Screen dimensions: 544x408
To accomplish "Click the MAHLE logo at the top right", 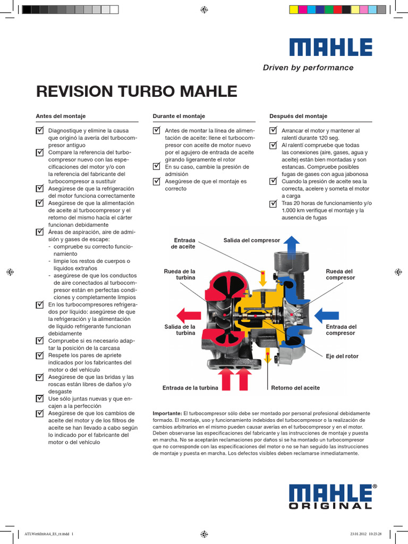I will [330, 47].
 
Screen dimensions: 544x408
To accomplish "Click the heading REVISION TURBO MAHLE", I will [136, 91].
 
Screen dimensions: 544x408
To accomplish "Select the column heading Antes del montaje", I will [61, 116].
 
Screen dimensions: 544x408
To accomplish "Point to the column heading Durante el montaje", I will [178, 116].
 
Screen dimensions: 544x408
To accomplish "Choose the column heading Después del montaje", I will [298, 116].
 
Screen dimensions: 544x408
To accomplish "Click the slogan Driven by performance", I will [308, 68].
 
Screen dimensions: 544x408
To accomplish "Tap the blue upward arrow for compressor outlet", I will [291, 245].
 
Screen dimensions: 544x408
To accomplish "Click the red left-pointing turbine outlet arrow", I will [188, 314].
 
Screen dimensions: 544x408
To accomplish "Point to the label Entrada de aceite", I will [183, 243].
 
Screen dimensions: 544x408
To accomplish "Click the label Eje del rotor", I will [342, 356].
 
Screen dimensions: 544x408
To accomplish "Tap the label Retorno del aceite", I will [295, 388].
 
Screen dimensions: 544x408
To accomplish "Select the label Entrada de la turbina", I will [190, 388].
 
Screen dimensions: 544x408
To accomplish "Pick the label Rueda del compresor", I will [340, 274].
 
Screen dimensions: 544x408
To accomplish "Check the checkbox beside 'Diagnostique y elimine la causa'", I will [40, 130].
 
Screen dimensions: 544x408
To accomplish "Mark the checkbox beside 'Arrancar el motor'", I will [273, 130].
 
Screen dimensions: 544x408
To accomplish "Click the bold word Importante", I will [167, 413].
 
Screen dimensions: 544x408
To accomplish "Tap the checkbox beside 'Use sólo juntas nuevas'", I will [40, 398].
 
